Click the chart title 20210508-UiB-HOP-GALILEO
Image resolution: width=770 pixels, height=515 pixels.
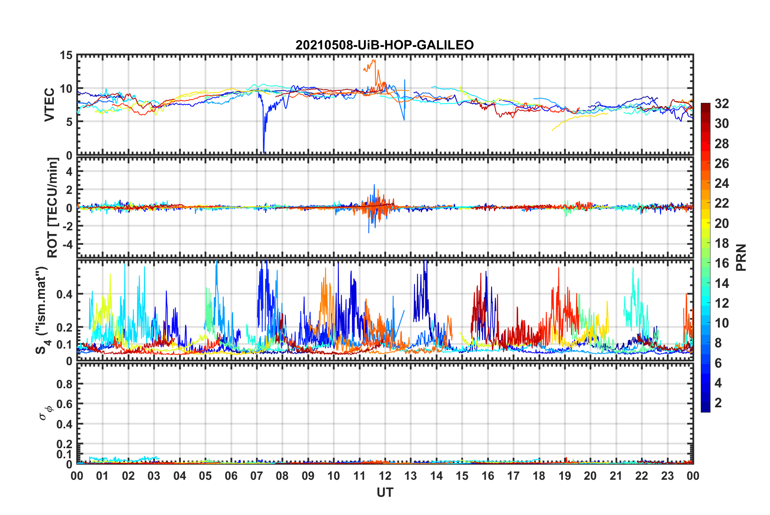pos(385,45)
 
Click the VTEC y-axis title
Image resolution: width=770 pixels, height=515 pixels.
pos(49,104)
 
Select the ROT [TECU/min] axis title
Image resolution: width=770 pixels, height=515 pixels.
pos(53,208)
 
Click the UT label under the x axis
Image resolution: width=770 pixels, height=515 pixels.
pos(385,492)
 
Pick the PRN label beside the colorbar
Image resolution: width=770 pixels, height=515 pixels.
pos(741,257)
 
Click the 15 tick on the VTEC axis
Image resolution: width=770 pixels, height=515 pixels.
pos(66,55)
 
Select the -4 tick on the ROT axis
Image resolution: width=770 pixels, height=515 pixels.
pos(68,245)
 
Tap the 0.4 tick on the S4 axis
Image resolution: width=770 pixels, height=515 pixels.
pos(65,294)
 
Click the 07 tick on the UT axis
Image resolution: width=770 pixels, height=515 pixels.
pos(257,476)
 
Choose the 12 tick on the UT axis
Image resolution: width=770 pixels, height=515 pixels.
pos(385,476)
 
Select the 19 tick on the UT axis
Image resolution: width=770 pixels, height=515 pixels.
pos(565,476)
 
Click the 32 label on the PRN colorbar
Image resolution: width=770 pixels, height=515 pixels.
pos(721,104)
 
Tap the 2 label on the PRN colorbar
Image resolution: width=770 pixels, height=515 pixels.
pos(718,403)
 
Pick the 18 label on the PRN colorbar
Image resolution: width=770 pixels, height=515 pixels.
pos(721,243)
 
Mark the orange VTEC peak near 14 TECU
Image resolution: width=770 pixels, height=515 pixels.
pos(374,61)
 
